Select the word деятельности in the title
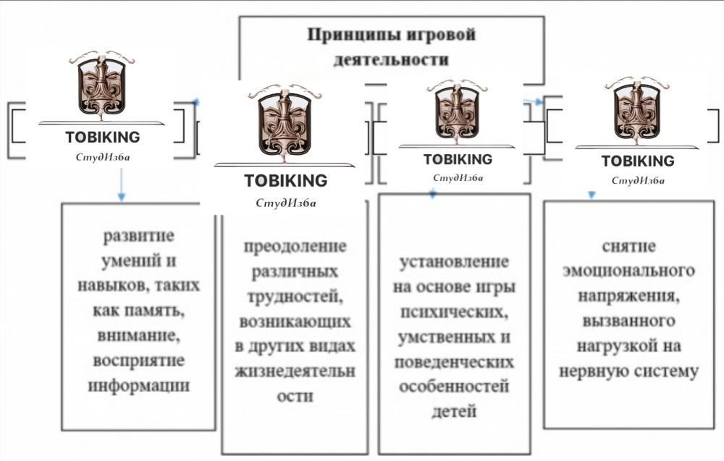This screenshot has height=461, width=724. [391, 59]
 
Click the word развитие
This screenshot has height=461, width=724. [139, 237]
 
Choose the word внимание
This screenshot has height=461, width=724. [139, 336]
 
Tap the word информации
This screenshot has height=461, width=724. [139, 385]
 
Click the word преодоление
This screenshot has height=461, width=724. [295, 246]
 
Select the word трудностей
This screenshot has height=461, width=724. [295, 296]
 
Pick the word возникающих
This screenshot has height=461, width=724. [295, 321]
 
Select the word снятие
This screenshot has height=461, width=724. [628, 246]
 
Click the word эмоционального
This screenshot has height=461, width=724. [628, 271]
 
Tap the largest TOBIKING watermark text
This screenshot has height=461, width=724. [285, 180]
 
